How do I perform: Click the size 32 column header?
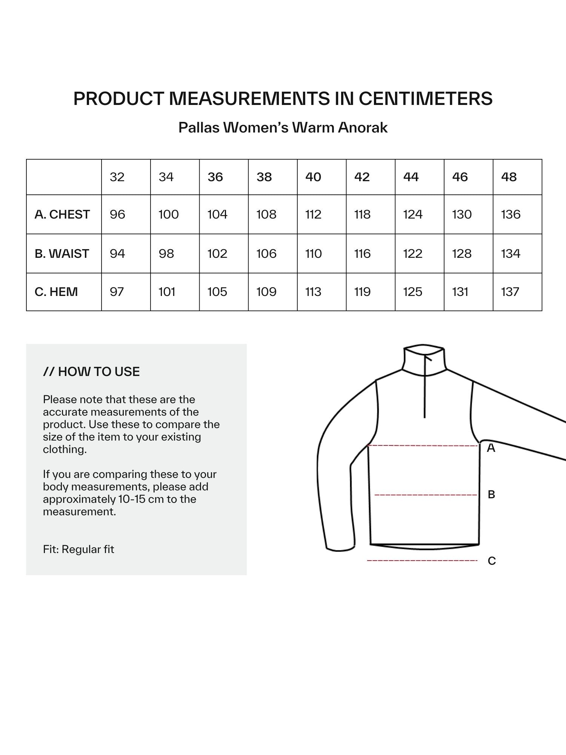click(117, 177)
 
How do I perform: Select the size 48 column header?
click(509, 177)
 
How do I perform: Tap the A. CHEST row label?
click(62, 214)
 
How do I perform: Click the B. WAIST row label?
click(62, 254)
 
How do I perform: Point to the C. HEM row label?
click(56, 292)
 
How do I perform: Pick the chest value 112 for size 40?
click(313, 214)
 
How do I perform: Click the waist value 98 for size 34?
click(166, 254)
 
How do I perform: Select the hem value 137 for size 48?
click(510, 292)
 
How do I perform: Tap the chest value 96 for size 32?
click(117, 214)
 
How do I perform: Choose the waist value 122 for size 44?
click(413, 254)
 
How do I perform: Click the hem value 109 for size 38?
click(266, 292)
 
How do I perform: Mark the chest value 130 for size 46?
click(462, 214)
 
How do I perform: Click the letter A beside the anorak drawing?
click(491, 448)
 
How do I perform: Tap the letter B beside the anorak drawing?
click(491, 495)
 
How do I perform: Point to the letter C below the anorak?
click(492, 561)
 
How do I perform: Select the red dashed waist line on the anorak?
click(426, 495)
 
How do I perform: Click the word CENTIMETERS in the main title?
click(426, 99)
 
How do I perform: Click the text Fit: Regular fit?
click(78, 549)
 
